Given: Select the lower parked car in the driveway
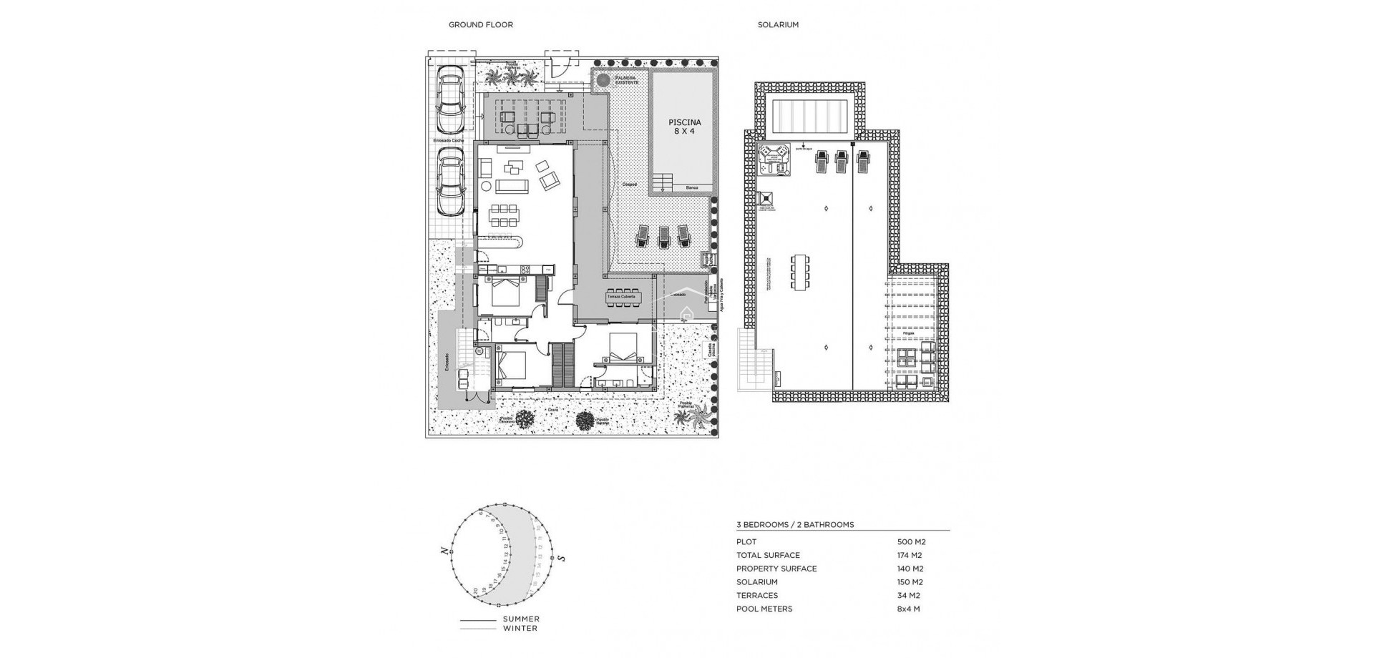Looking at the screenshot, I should click(x=450, y=182).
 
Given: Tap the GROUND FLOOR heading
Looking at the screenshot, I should click(x=480, y=25).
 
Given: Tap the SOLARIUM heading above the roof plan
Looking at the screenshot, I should click(x=778, y=25).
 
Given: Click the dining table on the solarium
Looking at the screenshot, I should click(x=799, y=271).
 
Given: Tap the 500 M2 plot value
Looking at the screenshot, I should click(x=911, y=542).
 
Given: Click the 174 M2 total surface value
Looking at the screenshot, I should click(x=910, y=556).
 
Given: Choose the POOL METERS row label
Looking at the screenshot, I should click(x=764, y=609).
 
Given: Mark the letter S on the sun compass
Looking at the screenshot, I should click(x=562, y=557).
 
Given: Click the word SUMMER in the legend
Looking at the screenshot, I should click(x=521, y=619).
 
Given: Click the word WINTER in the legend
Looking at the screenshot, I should click(x=520, y=629).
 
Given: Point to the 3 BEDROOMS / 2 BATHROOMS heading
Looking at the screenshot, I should click(x=795, y=525).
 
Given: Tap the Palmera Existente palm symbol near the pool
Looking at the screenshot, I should click(x=603, y=79).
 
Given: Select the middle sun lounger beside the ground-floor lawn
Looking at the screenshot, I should click(x=663, y=237).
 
